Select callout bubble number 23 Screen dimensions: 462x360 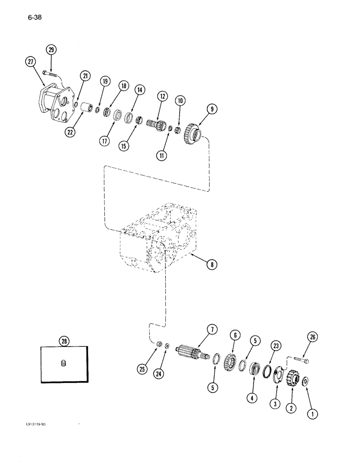pyautogui.click(x=276, y=344)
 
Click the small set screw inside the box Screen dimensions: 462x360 pyautogui.click(x=63, y=365)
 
